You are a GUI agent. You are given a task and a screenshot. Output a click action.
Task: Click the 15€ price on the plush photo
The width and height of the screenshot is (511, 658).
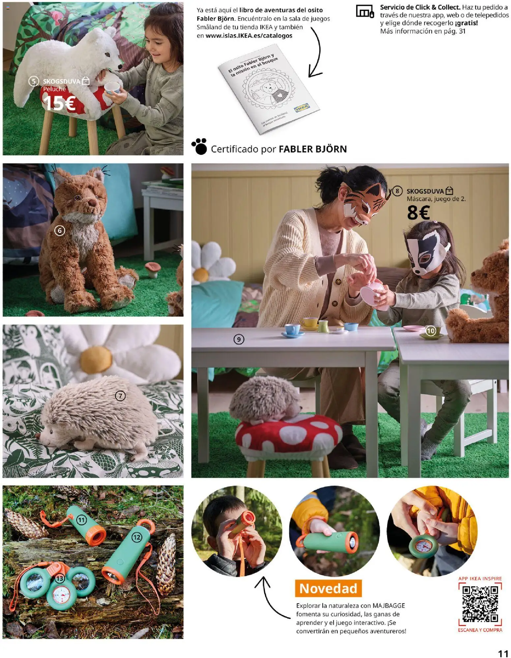click(59, 103)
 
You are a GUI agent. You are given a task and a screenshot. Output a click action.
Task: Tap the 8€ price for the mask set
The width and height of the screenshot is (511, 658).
click(418, 213)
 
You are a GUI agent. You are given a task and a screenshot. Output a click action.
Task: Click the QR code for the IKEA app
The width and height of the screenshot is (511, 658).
click(480, 604)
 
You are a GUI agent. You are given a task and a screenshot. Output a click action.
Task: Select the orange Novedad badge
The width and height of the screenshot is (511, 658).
click(328, 588)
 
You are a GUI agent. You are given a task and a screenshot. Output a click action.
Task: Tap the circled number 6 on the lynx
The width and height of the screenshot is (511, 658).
click(60, 230)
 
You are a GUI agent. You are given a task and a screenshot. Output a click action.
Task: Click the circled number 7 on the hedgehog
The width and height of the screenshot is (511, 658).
click(120, 396)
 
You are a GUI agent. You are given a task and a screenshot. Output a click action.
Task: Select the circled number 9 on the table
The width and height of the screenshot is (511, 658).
click(239, 339)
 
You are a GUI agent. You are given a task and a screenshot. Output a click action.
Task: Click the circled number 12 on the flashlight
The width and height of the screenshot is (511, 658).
click(136, 538)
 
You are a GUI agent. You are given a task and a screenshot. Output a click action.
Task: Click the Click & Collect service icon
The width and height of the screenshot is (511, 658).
click(365, 12)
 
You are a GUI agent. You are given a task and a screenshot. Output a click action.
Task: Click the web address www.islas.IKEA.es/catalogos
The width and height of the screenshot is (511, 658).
click(249, 36)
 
